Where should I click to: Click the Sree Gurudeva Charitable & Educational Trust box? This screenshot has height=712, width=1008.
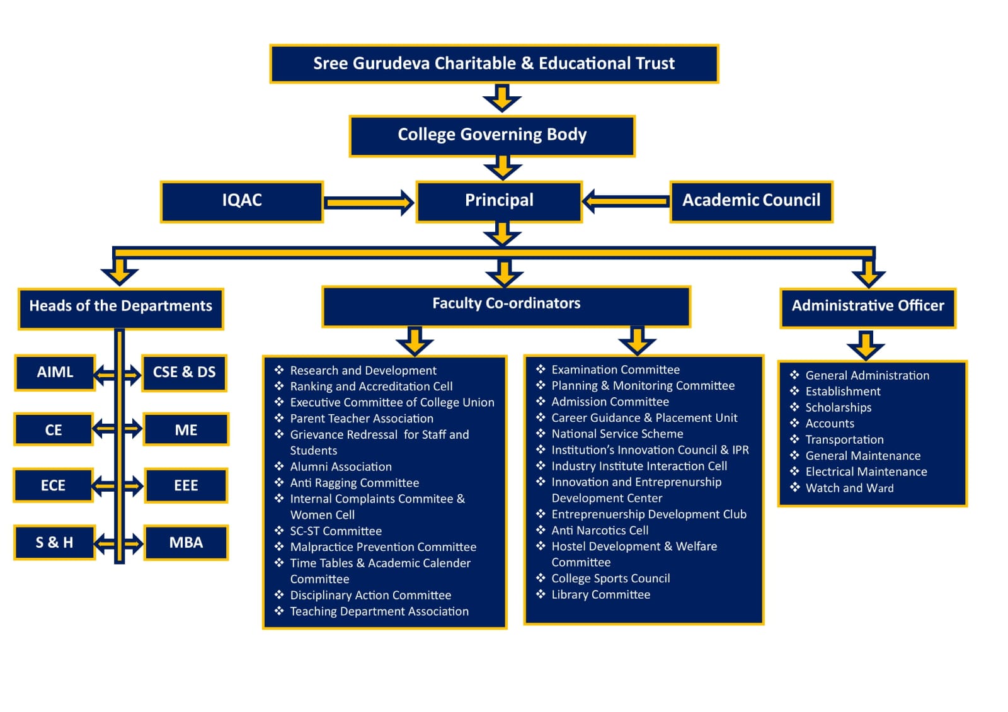coord(494,64)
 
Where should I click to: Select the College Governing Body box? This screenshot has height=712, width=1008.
coord(492,135)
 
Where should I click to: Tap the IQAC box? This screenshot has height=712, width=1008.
coord(242,201)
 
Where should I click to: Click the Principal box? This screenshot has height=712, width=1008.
coord(499,201)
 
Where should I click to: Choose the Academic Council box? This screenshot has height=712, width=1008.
coord(751,201)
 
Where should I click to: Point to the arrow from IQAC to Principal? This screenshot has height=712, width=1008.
coord(369,202)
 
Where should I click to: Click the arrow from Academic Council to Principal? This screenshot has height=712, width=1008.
coord(626,201)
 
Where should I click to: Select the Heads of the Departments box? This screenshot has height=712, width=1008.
coord(120,308)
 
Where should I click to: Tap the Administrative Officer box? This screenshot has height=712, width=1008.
coord(868,307)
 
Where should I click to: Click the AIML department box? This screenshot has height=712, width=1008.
coord(55,372)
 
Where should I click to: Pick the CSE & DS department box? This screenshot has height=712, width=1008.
coord(184,373)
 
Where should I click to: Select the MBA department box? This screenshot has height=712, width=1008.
coord(186,543)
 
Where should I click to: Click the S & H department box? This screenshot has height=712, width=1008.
coord(54,543)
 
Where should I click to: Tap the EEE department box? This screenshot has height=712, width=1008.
coord(186,485)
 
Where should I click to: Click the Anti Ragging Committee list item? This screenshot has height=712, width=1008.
coord(354,483)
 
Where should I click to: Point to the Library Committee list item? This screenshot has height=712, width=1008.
coord(600,594)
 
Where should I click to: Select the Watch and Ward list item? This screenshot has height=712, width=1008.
coord(849,488)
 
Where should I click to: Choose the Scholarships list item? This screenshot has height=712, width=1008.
coord(838,407)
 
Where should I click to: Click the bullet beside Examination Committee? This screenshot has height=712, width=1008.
coord(541,369)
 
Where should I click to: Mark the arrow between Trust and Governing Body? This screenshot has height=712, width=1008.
coord(501,98)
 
